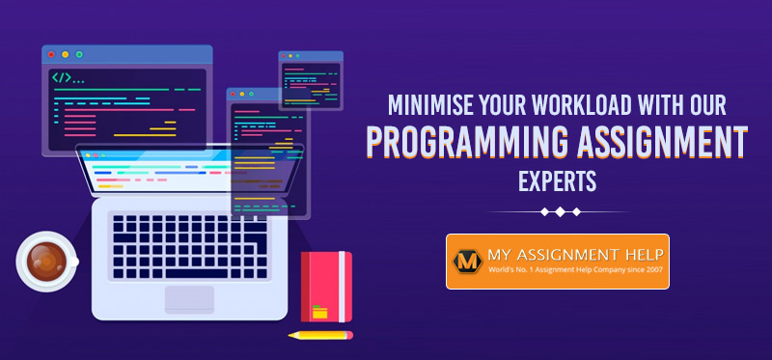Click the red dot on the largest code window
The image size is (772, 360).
pos(51,54)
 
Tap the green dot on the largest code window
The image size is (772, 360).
pos(79,54)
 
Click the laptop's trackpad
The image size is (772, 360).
pos(189,298)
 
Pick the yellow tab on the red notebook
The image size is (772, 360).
pos(320,312)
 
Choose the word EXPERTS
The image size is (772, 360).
pos(558,180)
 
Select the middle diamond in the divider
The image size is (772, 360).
pos(559,211)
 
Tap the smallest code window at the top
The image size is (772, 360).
pos(310,80)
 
